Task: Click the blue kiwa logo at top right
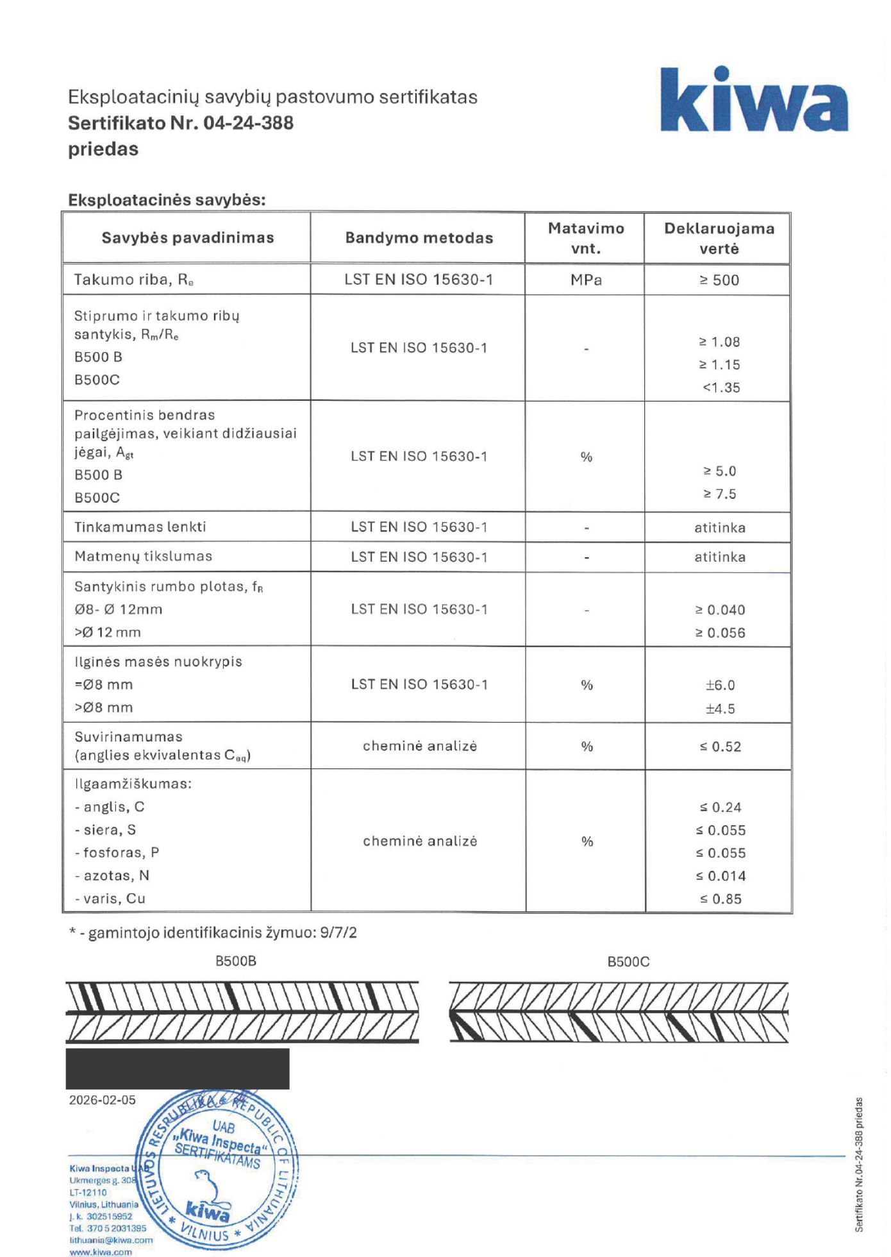(754, 101)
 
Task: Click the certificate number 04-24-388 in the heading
(248, 123)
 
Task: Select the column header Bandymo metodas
(419, 238)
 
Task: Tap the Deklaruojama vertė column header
(719, 238)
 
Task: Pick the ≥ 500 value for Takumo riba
(719, 280)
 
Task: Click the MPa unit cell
(586, 280)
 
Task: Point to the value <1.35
(721, 388)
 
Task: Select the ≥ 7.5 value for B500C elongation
(720, 494)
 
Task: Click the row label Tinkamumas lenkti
(140, 527)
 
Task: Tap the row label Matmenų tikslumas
(143, 557)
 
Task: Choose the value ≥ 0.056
(720, 633)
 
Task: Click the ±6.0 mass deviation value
(720, 686)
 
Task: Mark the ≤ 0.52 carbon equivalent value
(720, 747)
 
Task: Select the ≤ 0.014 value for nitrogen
(720, 877)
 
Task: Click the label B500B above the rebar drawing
(236, 961)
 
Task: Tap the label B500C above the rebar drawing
(628, 962)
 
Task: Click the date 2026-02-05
(103, 1101)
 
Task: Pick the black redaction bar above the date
(178, 1069)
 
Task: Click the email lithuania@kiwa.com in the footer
(111, 1240)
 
